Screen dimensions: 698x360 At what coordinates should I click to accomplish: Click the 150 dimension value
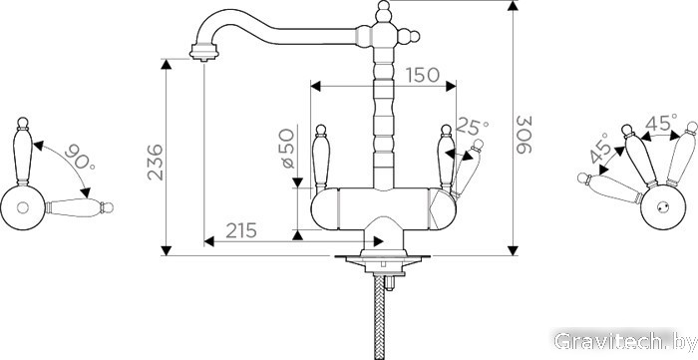pyautogui.click(x=423, y=75)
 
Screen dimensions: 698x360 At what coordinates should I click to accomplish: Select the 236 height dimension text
pyautogui.click(x=156, y=162)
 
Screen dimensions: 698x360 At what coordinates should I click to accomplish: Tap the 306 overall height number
pyautogui.click(x=524, y=135)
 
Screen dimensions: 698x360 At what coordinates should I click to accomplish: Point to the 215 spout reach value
pyautogui.click(x=241, y=230)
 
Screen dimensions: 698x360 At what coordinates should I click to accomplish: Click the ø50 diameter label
pyautogui.click(x=289, y=149)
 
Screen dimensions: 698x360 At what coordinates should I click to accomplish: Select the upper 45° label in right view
pyautogui.click(x=661, y=123)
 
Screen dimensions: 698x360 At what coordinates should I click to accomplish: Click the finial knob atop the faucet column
pyautogui.click(x=383, y=11)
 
